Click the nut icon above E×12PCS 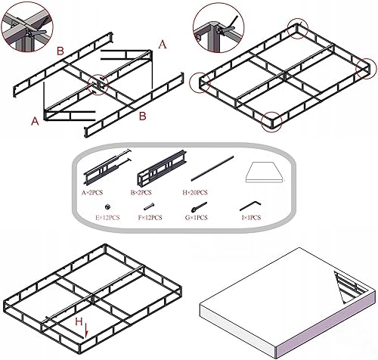pos(109,206)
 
